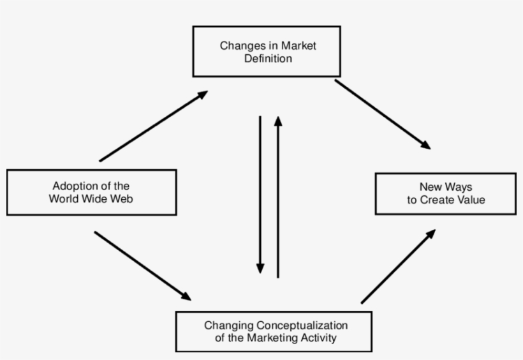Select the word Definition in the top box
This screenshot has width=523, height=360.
pos(267,58)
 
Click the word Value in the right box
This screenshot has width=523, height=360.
pos(471,200)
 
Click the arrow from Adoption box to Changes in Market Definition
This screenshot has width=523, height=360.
pos(153,126)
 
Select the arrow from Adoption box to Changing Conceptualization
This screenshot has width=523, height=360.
pos(142,265)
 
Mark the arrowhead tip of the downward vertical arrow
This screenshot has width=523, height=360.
pos(260,273)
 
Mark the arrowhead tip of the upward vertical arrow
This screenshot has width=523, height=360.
pos(277,116)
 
